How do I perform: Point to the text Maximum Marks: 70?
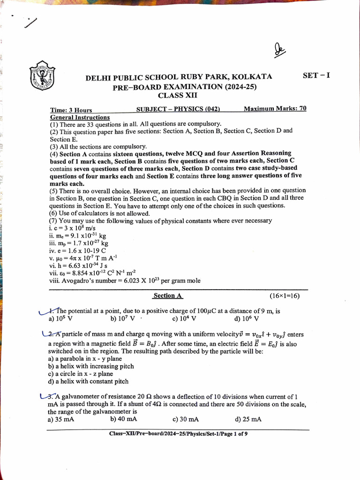pyautogui.click(x=275, y=109)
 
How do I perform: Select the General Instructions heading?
pyautogui.click(x=80, y=117)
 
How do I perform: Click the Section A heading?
pyautogui.click(x=168, y=296)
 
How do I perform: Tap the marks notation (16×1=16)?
pyautogui.click(x=285, y=296)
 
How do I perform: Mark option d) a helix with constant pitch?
pyautogui.click(x=88, y=382)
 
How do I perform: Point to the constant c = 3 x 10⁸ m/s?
pyautogui.click(x=69, y=228)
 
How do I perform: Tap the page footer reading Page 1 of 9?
pyautogui.click(x=178, y=434)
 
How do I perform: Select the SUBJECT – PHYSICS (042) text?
pyautogui.click(x=178, y=109)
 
